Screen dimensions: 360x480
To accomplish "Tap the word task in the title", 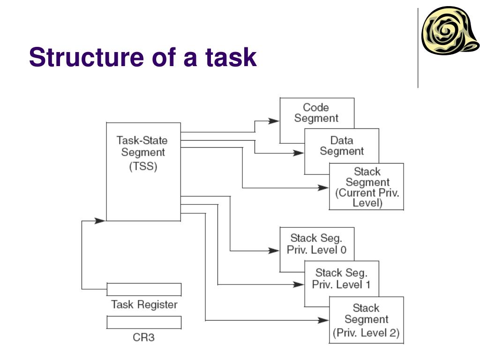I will click(x=230, y=58).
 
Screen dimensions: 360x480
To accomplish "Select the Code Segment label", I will click(x=316, y=113).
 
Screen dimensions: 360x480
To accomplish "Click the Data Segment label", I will click(x=342, y=146).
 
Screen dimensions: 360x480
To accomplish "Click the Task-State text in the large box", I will click(x=142, y=140).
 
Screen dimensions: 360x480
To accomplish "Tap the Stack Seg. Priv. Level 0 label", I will click(x=317, y=244).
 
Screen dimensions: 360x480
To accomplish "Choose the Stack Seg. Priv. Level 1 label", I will click(x=341, y=278).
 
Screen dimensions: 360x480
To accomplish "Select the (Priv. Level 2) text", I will click(x=366, y=334).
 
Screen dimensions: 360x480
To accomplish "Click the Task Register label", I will click(x=144, y=305).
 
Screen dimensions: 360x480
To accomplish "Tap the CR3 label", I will click(x=144, y=337).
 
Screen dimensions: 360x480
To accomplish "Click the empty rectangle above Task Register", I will click(x=144, y=289).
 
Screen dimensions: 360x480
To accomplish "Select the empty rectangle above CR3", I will click(x=144, y=322).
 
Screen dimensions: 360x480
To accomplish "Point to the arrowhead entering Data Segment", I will click(x=299, y=153).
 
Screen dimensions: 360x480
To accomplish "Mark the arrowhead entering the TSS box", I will click(x=100, y=220).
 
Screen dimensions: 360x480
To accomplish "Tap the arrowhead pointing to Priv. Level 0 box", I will click(x=274, y=251).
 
